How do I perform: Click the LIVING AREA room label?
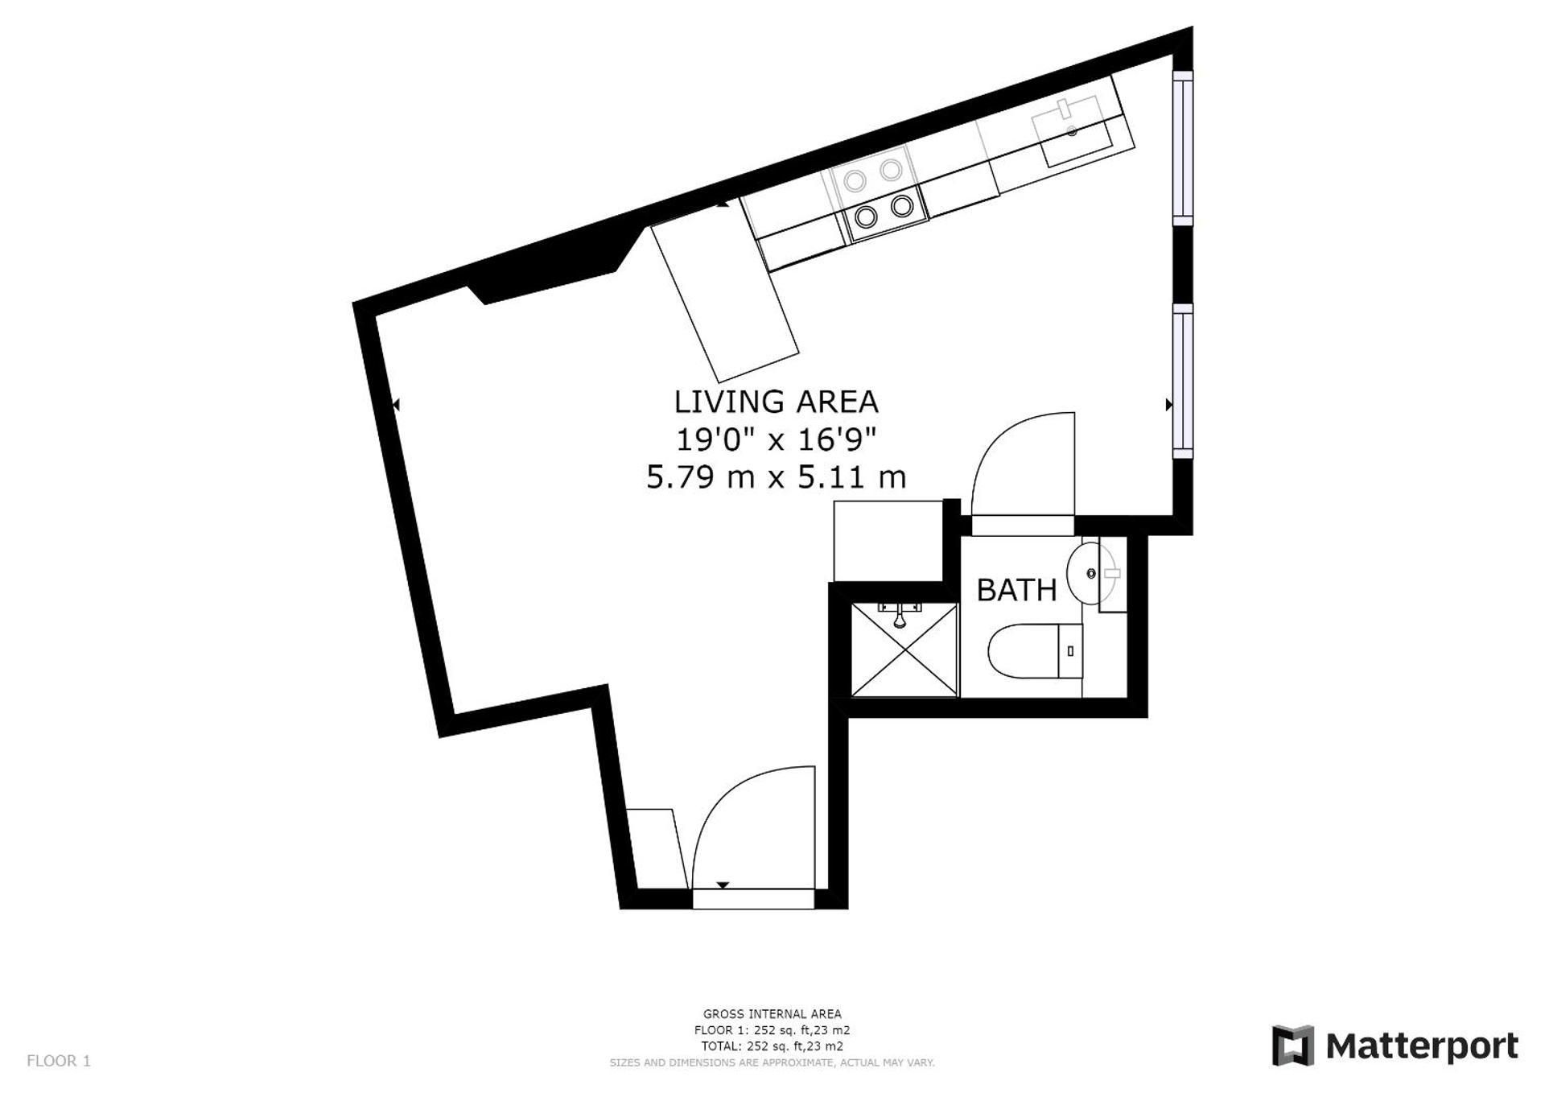point(776,402)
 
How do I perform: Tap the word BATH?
point(1016,590)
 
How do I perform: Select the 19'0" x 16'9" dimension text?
point(775,439)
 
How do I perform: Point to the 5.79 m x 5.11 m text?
point(777,477)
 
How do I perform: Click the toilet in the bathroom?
point(1035,651)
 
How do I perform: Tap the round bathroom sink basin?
point(1091,573)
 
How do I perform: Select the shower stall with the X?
point(905,649)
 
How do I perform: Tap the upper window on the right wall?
point(1182,148)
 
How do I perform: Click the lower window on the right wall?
point(1182,381)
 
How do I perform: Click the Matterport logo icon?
point(1292,1046)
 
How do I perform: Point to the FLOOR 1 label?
point(59,1061)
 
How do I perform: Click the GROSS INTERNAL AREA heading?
point(772,1014)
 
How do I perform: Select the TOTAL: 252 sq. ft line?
point(772,1046)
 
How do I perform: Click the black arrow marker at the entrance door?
point(723,885)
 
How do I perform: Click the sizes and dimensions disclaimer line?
point(772,1062)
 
